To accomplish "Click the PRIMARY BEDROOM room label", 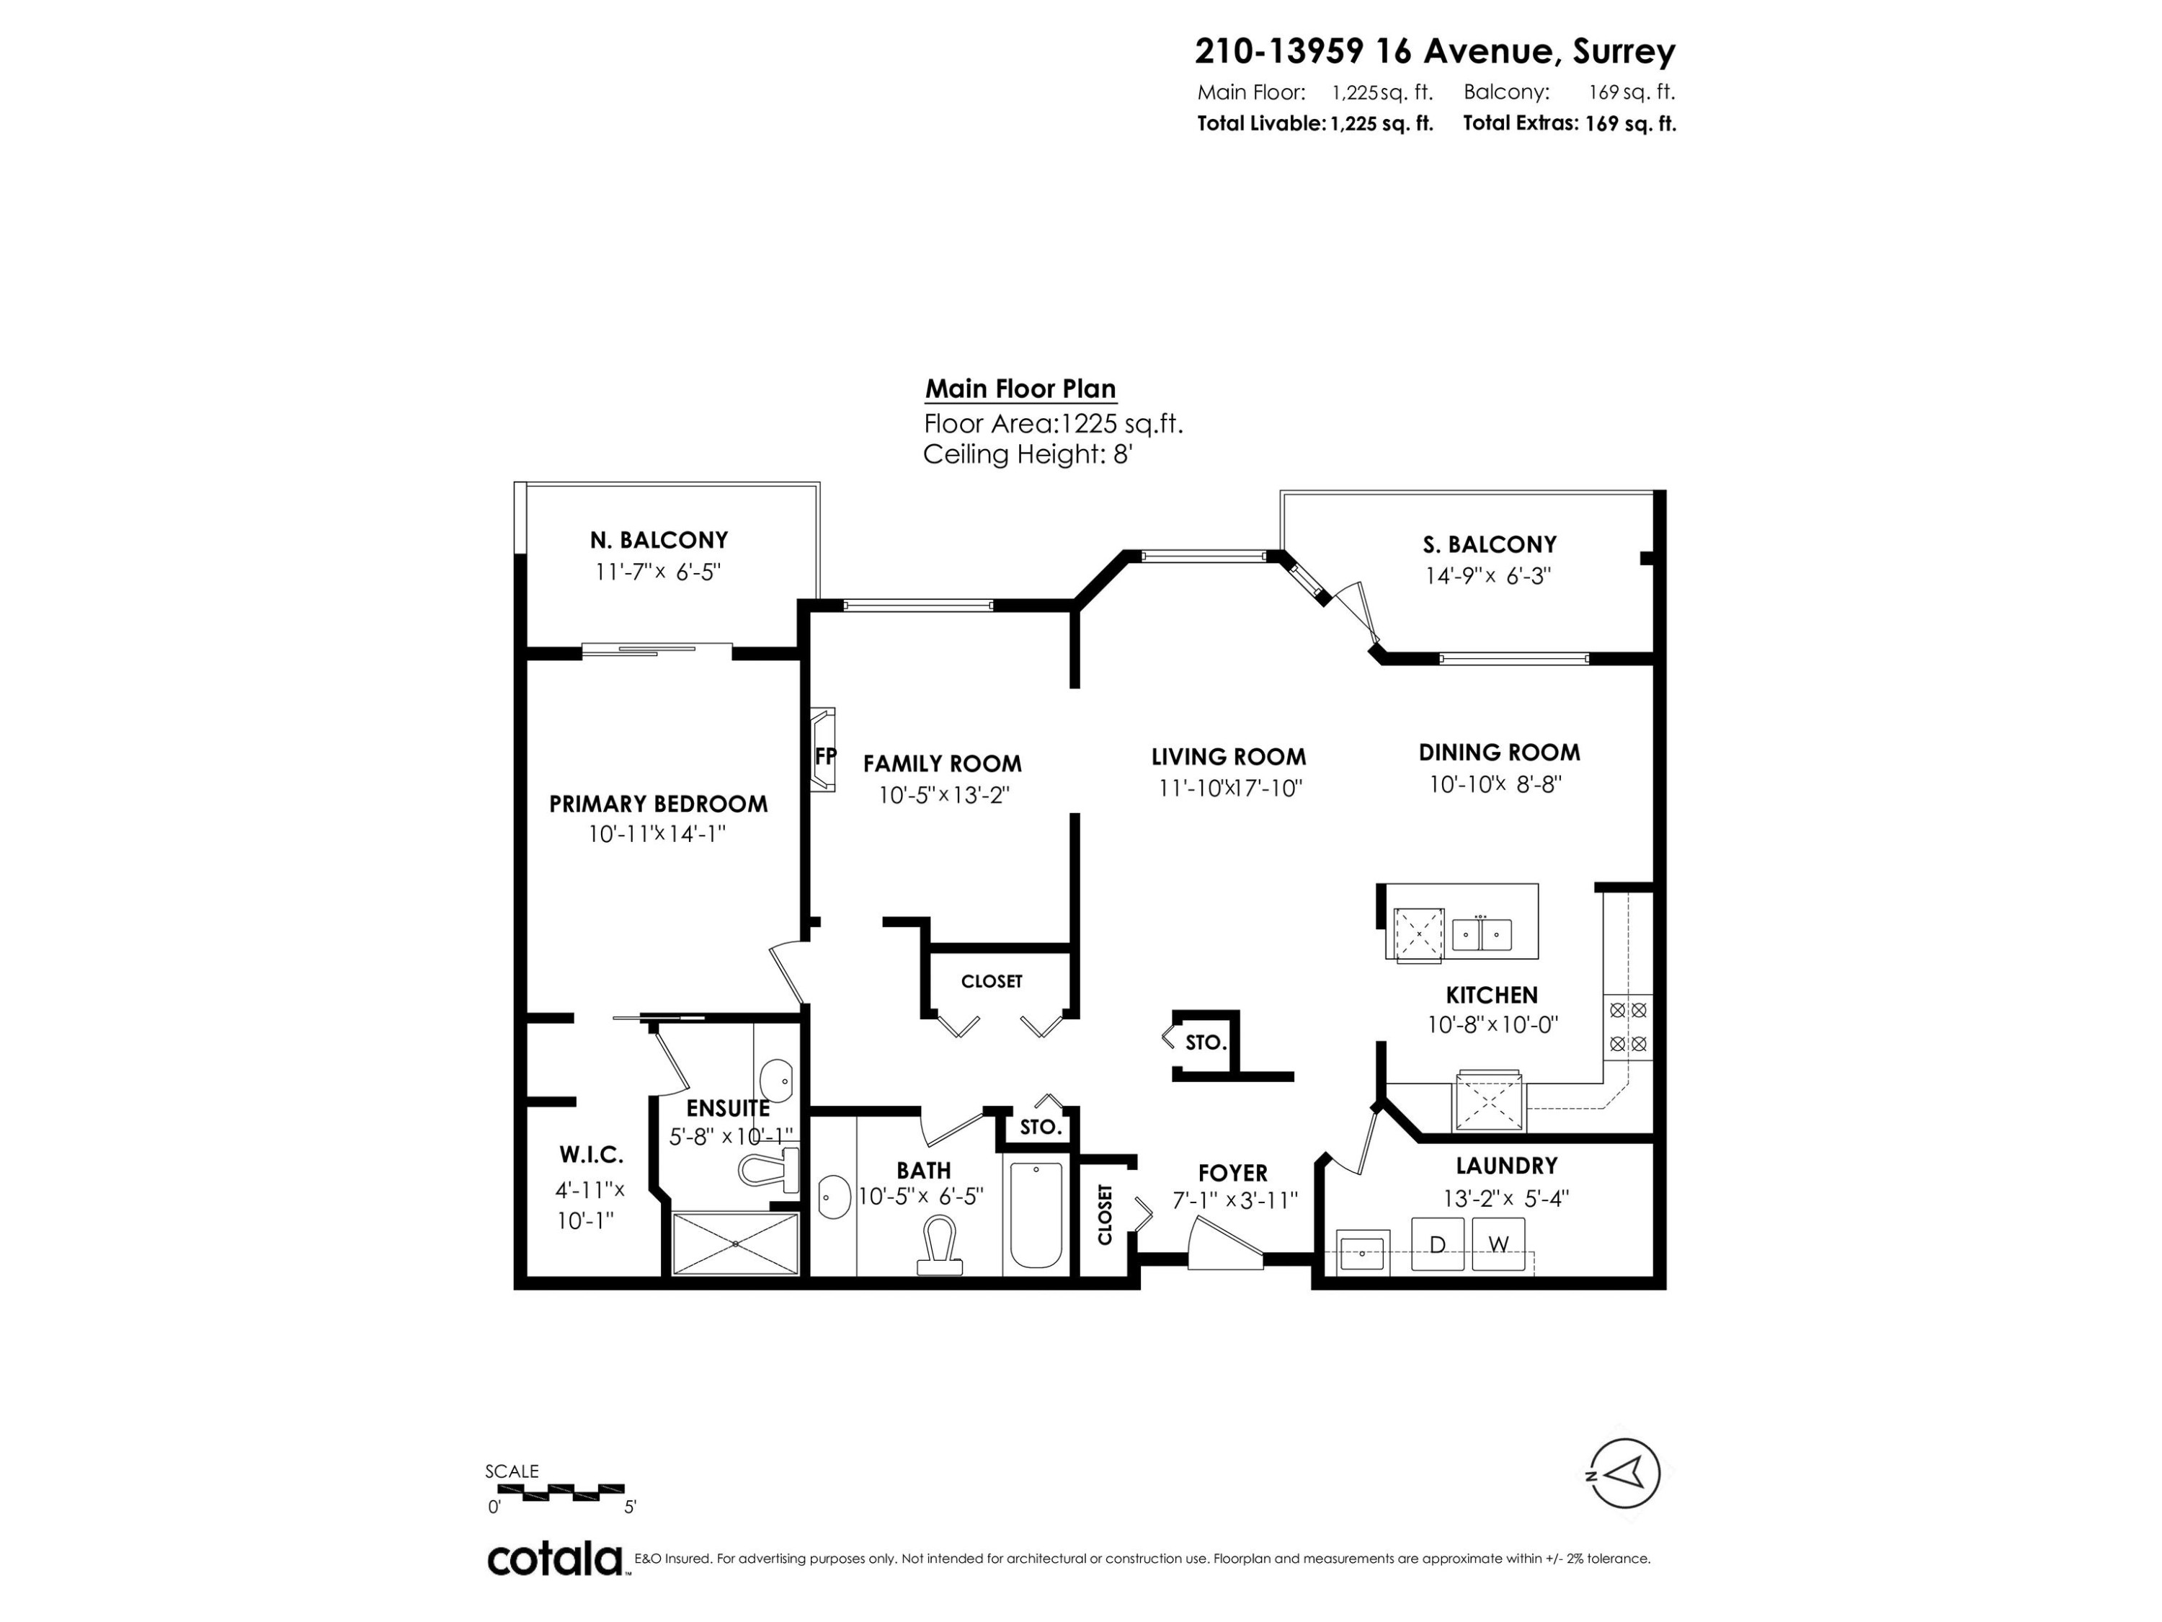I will tap(658, 804).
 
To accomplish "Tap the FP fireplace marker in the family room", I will tap(825, 755).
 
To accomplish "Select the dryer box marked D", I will tap(1437, 1244).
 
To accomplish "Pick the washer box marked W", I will tap(1498, 1244).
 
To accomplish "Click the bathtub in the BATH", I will tap(1035, 1215).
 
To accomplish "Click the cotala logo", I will tap(555, 1559).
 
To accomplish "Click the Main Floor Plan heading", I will tap(1020, 389).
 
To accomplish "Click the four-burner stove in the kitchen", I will tap(1628, 1027).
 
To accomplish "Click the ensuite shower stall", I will tap(735, 1244).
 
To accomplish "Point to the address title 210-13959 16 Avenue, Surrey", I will tap(1435, 51).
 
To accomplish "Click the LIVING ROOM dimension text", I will tap(1229, 788).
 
